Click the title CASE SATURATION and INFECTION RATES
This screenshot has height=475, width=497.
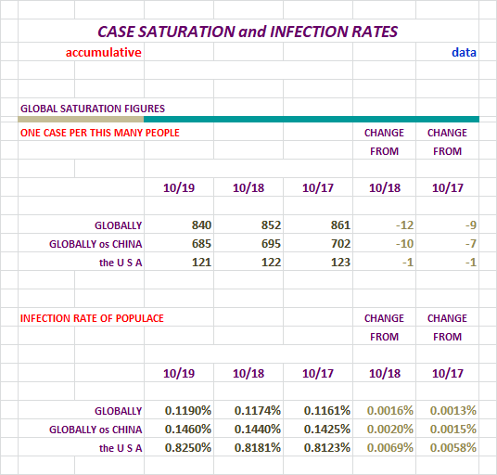(248, 32)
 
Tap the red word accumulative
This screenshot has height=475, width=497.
(103, 52)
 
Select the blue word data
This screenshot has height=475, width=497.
(464, 52)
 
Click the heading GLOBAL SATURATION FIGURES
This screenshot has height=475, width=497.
(93, 109)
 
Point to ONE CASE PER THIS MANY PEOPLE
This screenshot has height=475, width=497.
(100, 133)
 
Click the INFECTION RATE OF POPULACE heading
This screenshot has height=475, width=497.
(92, 318)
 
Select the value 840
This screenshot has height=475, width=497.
(201, 225)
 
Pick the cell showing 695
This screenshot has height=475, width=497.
(271, 244)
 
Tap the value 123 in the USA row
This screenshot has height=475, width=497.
(340, 263)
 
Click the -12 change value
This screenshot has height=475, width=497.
(405, 225)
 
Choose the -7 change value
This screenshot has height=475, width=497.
(471, 244)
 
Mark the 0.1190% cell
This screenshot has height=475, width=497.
(188, 411)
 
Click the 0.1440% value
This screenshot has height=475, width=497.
(258, 430)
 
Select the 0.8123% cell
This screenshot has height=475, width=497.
(327, 448)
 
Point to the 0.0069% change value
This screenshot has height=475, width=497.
(390, 448)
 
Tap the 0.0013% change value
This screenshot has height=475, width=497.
(453, 411)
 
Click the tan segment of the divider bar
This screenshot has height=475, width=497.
(81, 120)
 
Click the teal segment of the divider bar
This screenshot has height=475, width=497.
(312, 120)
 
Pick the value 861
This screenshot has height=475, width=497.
(340, 225)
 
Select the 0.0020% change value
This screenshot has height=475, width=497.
(390, 430)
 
